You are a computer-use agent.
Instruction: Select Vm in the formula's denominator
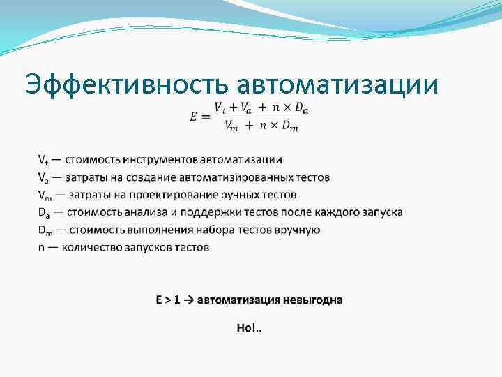[231, 125]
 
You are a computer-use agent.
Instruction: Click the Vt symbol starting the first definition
[43, 160]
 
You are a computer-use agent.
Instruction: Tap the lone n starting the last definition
[41, 247]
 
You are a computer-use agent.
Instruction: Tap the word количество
[89, 247]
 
